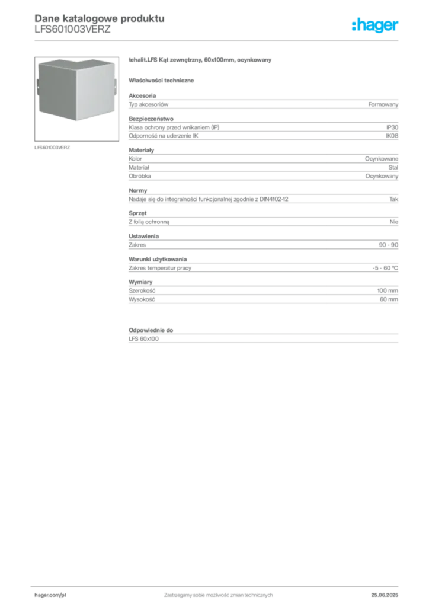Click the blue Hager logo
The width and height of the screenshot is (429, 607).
click(376, 26)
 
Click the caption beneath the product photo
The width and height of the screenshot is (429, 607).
click(52, 147)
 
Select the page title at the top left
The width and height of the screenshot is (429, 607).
click(98, 18)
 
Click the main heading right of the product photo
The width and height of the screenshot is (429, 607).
click(201, 60)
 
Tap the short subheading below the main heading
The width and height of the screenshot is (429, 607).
click(164, 80)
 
